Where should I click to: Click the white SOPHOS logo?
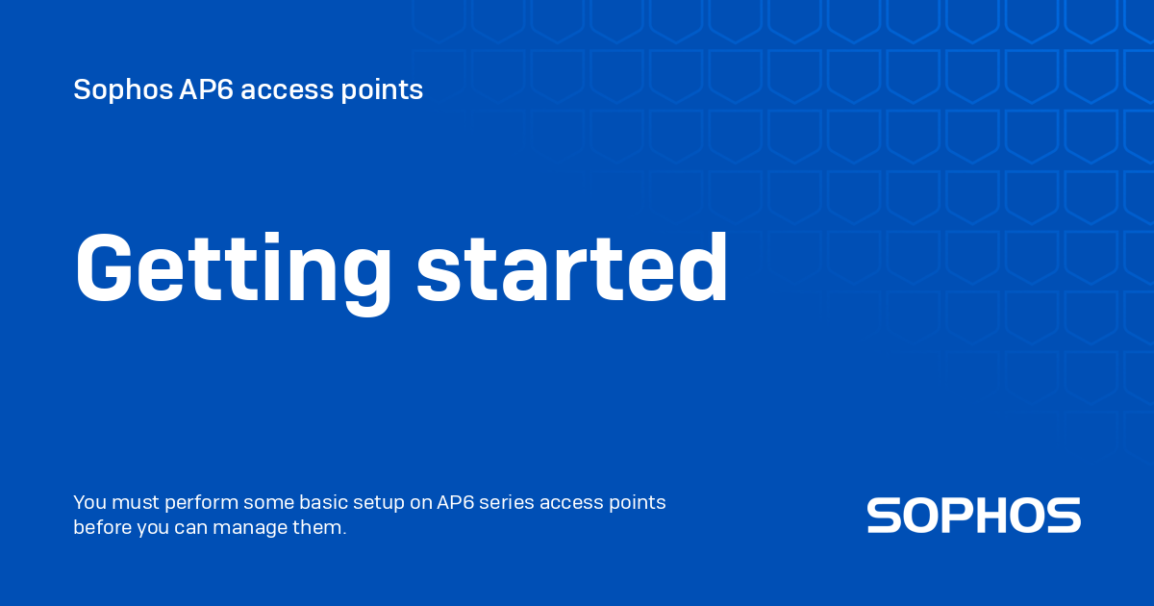pos(973,516)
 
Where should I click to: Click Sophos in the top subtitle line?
pos(122,90)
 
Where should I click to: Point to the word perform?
pos(201,503)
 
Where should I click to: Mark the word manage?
pos(258,528)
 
